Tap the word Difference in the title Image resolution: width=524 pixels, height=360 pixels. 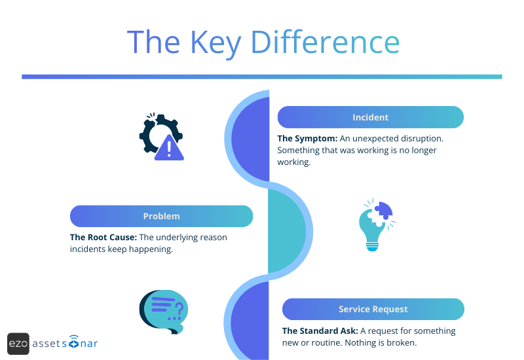coord(326,42)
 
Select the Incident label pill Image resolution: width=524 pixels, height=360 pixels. coord(370,117)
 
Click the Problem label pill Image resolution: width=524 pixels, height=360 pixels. coord(161,216)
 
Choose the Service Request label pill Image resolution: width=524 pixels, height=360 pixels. coord(373,309)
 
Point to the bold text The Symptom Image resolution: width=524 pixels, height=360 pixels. coord(307,139)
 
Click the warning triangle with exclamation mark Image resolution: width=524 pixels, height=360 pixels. coord(170,148)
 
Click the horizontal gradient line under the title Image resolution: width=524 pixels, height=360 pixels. coord(262,77)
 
